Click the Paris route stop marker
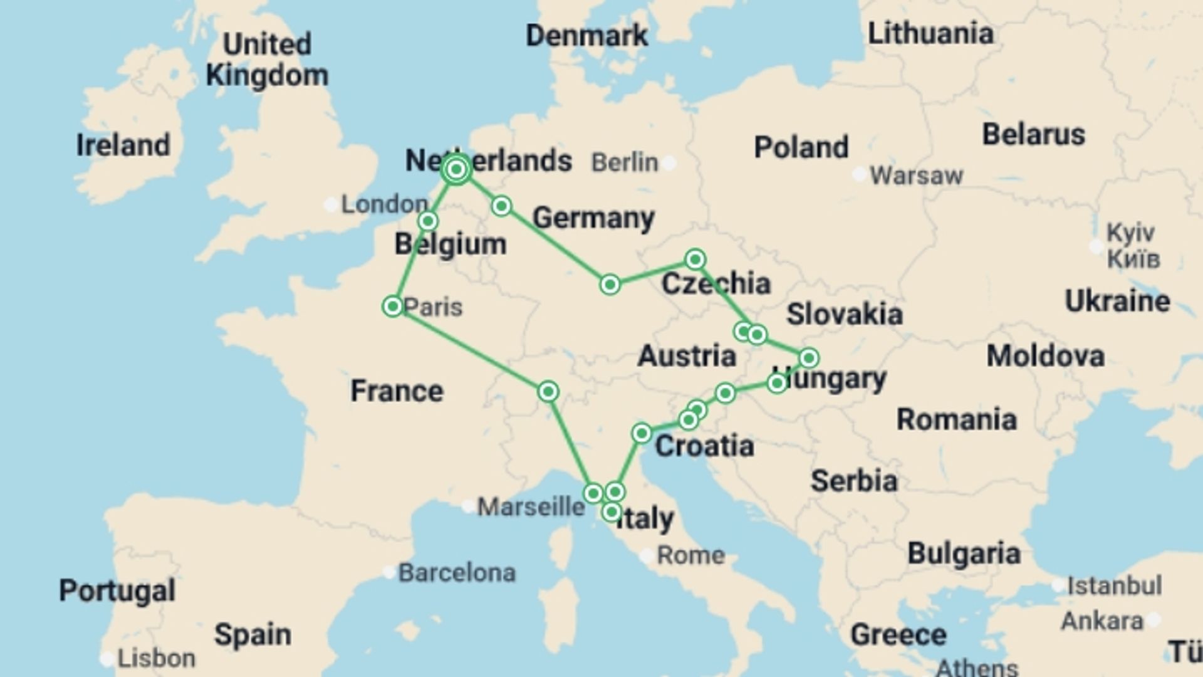pyautogui.click(x=393, y=307)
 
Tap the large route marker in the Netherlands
pyautogui.click(x=456, y=169)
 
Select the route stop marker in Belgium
pyautogui.click(x=428, y=221)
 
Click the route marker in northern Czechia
pyautogui.click(x=695, y=259)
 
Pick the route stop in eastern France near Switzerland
pyautogui.click(x=548, y=392)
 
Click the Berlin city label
pyautogui.click(x=625, y=163)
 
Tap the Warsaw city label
pyautogui.click(x=916, y=176)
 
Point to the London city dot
pyautogui.click(x=330, y=205)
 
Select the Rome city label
pyautogui.click(x=690, y=555)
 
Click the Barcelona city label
pyautogui.click(x=457, y=573)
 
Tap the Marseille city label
pyautogui.click(x=531, y=506)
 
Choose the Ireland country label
pyautogui.click(x=123, y=145)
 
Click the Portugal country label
pyautogui.click(x=117, y=590)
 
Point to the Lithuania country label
pyautogui.click(x=930, y=34)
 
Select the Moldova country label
pyautogui.click(x=1045, y=356)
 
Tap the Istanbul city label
pyautogui.click(x=1114, y=586)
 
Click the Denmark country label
pyautogui.click(x=586, y=36)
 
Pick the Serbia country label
pyautogui.click(x=854, y=481)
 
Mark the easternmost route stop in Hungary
pyautogui.click(x=808, y=358)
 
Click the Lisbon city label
pyautogui.click(x=156, y=659)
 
